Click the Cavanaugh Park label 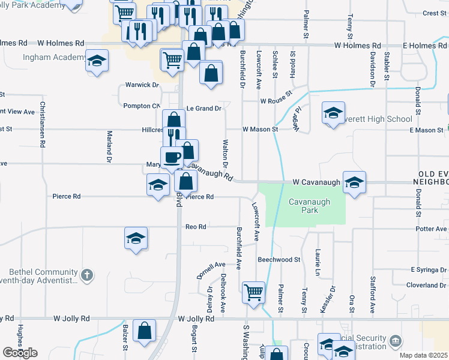(309, 206)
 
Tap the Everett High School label (383, 119)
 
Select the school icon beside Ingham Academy (96, 61)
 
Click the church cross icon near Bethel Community (87, 275)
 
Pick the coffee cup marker (172, 157)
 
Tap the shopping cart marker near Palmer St (253, 293)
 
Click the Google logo (20, 353)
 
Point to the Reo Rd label (196, 227)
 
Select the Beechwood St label (279, 259)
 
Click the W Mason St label (260, 129)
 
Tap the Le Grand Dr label (204, 109)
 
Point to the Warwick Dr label (142, 85)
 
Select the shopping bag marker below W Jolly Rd (145, 331)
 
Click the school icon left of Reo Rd (136, 238)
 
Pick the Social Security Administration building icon (395, 341)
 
